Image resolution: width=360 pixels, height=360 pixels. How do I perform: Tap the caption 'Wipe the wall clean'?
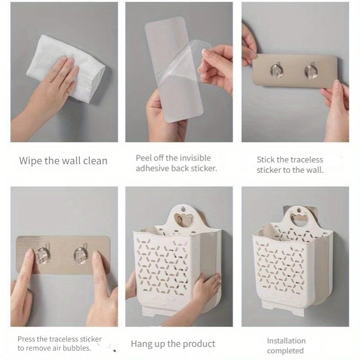pos(63,161)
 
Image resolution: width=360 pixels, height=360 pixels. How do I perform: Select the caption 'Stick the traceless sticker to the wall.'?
pos(290,165)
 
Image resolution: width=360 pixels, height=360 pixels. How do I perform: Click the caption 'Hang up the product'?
pos(173,344)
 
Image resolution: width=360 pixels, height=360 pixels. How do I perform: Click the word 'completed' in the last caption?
pos(285,351)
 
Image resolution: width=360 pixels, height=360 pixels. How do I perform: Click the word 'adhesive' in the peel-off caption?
pos(153,169)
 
